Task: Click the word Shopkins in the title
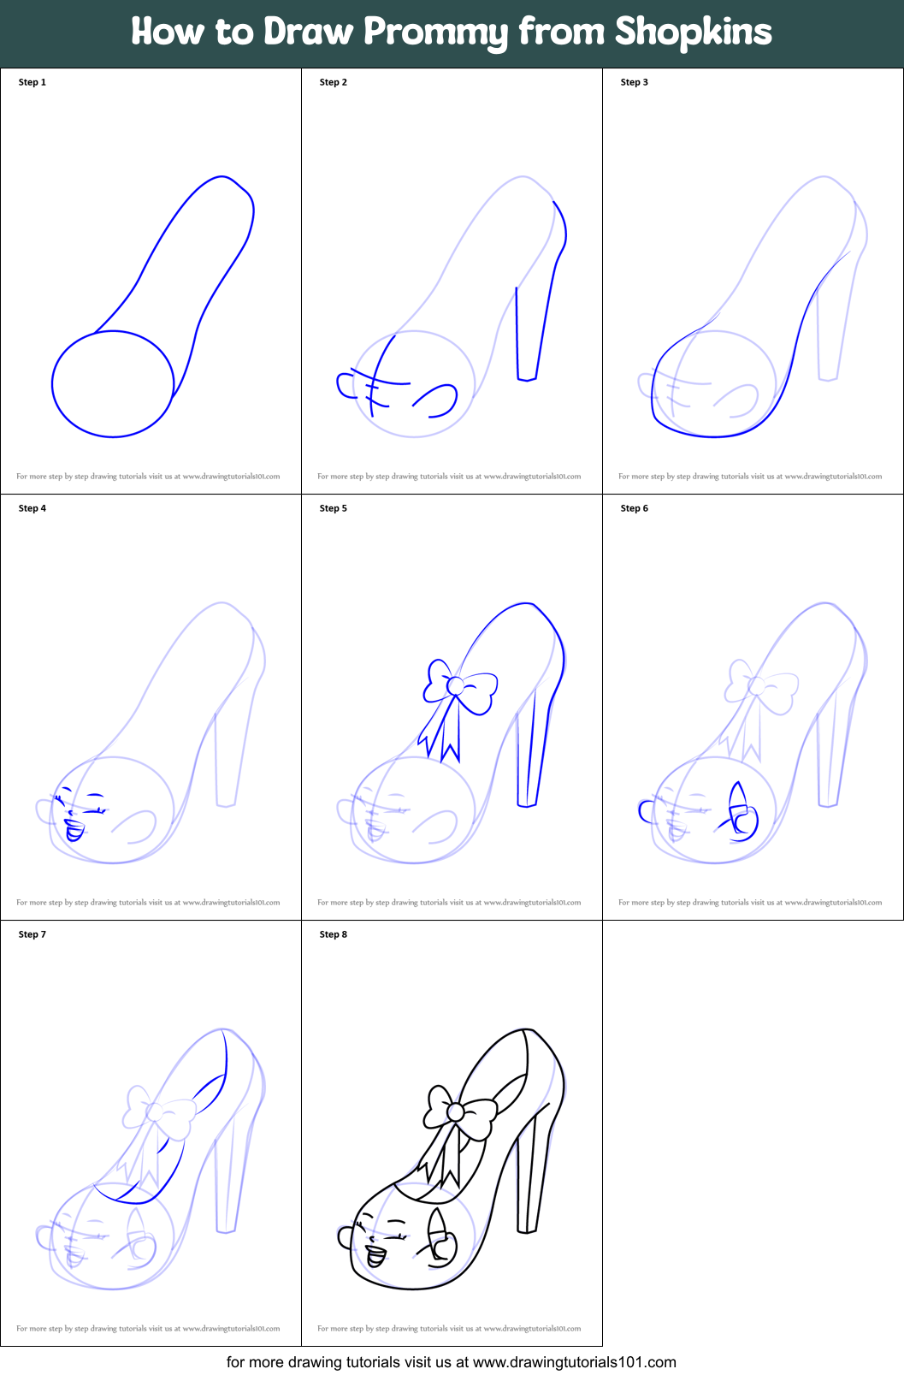tap(693, 33)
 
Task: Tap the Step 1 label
tap(32, 82)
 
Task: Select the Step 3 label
tap(634, 82)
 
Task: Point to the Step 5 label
tap(333, 508)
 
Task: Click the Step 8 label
tap(333, 934)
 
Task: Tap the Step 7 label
tap(32, 934)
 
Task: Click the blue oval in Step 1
tap(113, 384)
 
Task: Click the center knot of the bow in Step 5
tap(456, 685)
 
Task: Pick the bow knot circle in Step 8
tap(456, 1111)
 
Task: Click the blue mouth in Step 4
tap(74, 830)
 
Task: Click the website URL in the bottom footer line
tap(574, 1361)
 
